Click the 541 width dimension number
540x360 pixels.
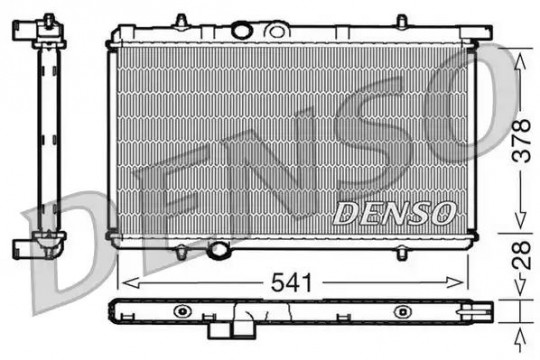[x=291, y=282]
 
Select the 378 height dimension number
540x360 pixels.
[x=521, y=141]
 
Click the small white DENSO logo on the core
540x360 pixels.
[x=394, y=213]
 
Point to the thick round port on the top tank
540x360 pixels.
[x=242, y=30]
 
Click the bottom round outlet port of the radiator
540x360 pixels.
[x=218, y=250]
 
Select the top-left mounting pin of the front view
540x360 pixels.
[x=181, y=21]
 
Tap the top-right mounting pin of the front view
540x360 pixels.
[x=402, y=21]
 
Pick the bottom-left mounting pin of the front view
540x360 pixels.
[x=181, y=253]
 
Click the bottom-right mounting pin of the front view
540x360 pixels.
[x=402, y=253]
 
